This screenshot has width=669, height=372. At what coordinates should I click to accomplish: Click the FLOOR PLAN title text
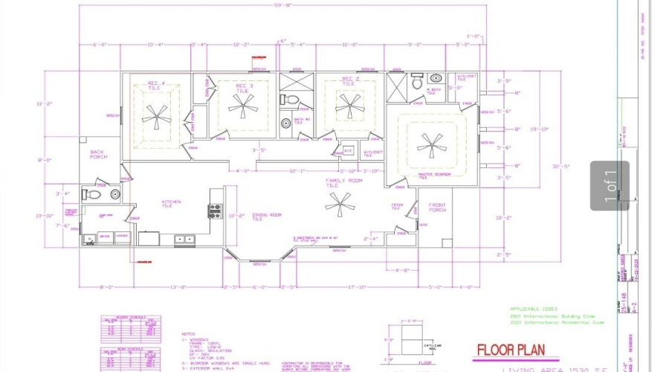(x=511, y=350)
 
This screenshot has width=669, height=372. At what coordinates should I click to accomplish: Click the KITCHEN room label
(x=172, y=202)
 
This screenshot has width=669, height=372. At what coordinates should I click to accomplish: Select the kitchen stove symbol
(x=215, y=211)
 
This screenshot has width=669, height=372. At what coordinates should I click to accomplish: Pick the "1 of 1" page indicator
(x=610, y=186)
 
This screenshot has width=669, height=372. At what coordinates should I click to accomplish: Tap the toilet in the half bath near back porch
(x=94, y=195)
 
